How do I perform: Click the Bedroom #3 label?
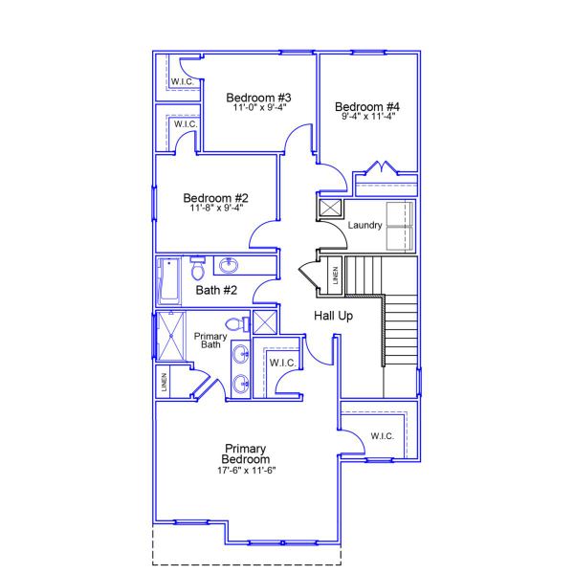[x=258, y=98]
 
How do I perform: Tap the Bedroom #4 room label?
[x=368, y=106]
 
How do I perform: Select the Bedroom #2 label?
[x=216, y=198]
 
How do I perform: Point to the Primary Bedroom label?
[x=246, y=454]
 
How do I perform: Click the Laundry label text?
[x=365, y=226]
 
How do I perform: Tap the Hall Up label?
[x=334, y=316]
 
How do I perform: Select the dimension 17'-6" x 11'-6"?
[x=246, y=471]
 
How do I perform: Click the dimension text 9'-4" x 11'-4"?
[x=368, y=117]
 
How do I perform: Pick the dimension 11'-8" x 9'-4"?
[x=216, y=209]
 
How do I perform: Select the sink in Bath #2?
[x=230, y=266]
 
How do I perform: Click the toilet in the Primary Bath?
[x=240, y=324]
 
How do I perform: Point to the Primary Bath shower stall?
[x=174, y=335]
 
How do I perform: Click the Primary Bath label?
[x=210, y=341]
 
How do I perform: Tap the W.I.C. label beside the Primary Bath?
[x=281, y=364]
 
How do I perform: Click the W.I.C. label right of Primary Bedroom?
[x=381, y=437]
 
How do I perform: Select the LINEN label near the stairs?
[x=334, y=276]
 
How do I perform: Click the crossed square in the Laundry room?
[x=330, y=208]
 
